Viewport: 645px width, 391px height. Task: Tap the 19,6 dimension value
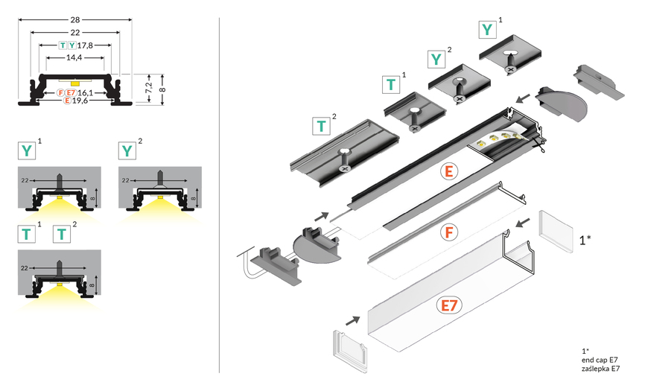click(81, 101)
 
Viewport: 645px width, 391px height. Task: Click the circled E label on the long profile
click(448, 171)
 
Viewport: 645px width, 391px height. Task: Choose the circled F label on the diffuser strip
click(448, 231)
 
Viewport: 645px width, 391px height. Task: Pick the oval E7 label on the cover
click(448, 305)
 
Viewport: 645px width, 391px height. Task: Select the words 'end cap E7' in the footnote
click(600, 360)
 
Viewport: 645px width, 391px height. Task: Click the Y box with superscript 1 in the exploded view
click(487, 29)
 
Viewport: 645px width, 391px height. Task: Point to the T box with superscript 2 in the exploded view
click(320, 125)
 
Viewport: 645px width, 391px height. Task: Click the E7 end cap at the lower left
click(349, 349)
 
